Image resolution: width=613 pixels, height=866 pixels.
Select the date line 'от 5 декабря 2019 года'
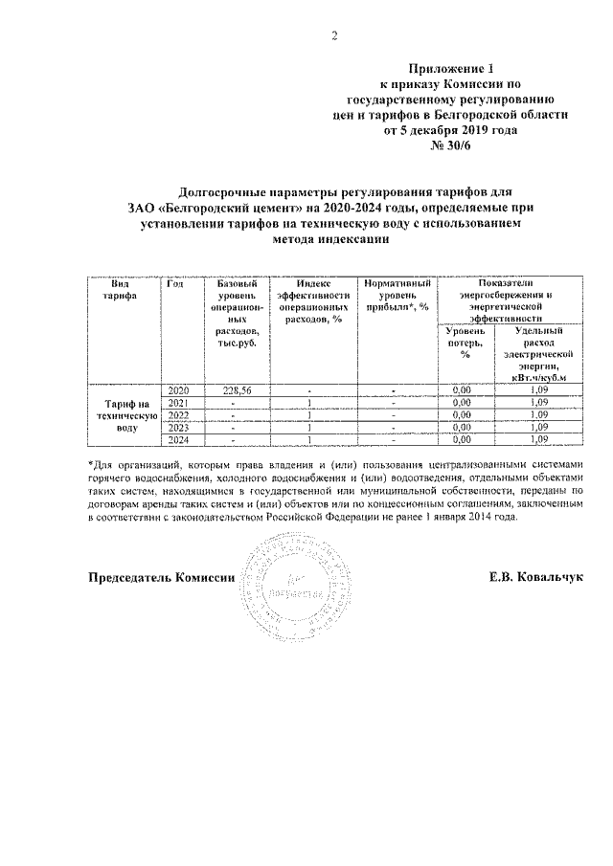point(443,130)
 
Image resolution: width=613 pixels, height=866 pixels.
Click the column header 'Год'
point(175,284)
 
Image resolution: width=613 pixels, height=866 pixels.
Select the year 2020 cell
point(179,390)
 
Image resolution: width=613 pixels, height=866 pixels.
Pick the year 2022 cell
point(179,415)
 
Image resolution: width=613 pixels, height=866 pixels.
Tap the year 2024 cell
point(179,440)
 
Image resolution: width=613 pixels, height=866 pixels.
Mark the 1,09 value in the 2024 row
point(537,440)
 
